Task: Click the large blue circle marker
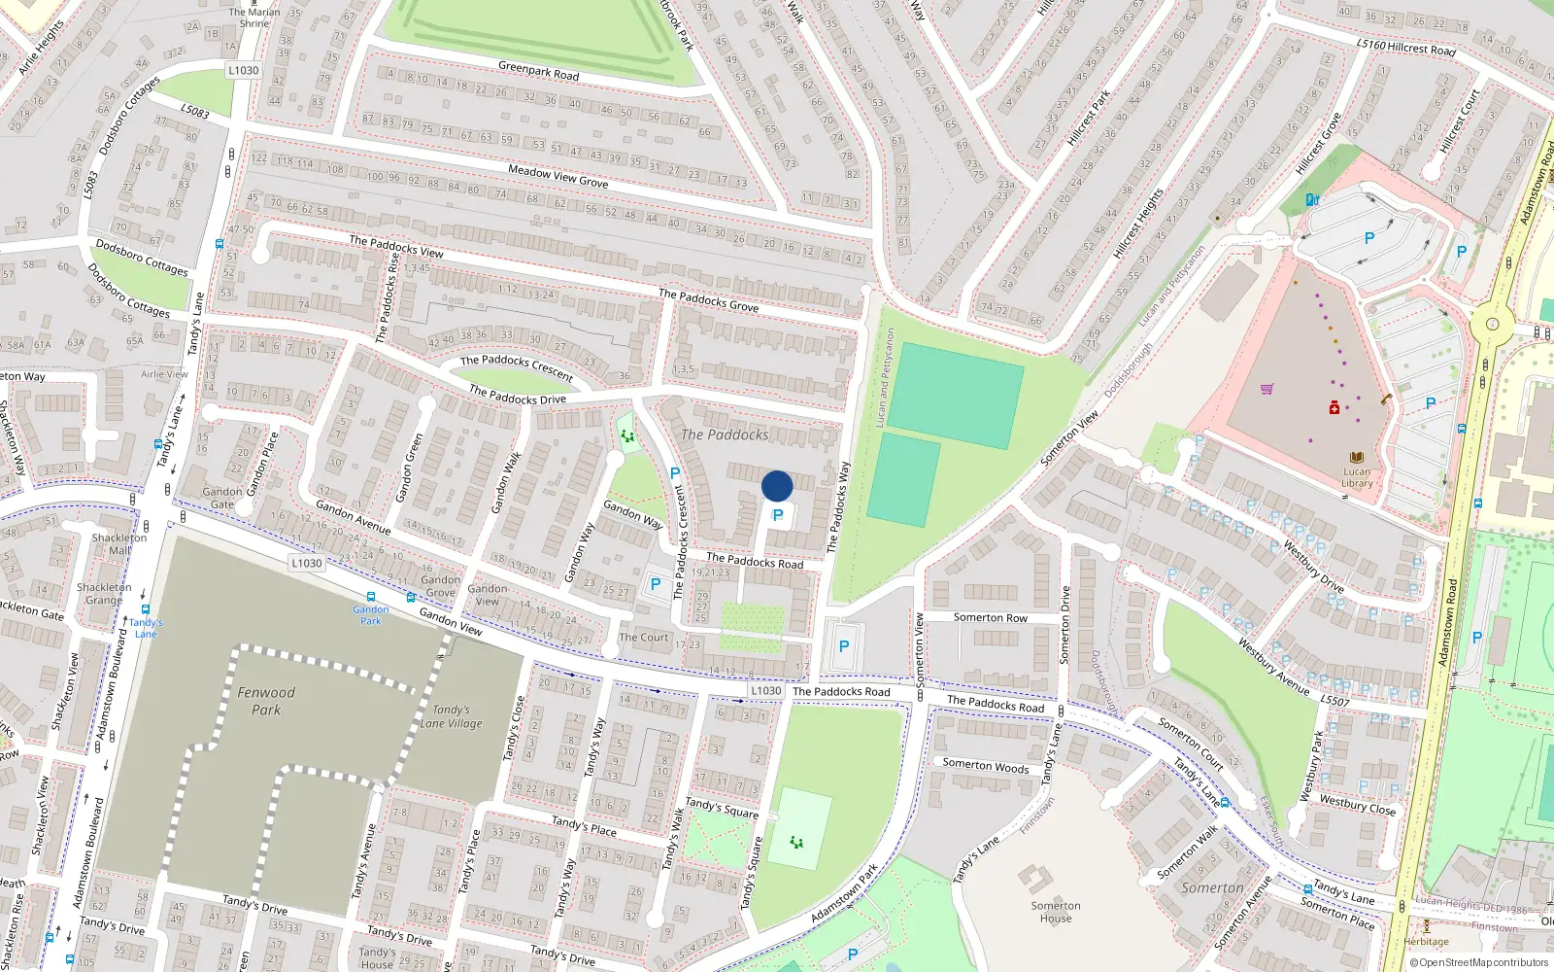coord(777,486)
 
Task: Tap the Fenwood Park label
coord(266,701)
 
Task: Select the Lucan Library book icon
coord(1357,457)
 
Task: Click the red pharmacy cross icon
coord(1334,407)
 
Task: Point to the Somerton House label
coord(1056,912)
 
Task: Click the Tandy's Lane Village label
coord(451,716)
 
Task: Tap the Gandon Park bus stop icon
coord(370,597)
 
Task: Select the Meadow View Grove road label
coord(557,176)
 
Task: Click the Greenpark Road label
coord(538,71)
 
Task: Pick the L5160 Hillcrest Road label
coord(1405,46)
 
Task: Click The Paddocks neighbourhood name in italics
coord(725,434)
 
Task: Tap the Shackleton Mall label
coord(119,543)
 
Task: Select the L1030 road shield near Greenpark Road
coord(243,70)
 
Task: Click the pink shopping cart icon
coord(1267,390)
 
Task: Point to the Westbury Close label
coord(1357,805)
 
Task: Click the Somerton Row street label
coord(990,617)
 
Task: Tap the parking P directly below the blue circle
coord(777,516)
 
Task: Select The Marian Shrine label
coord(254,17)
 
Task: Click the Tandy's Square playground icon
coord(796,842)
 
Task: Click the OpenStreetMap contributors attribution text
coord(1479,963)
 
